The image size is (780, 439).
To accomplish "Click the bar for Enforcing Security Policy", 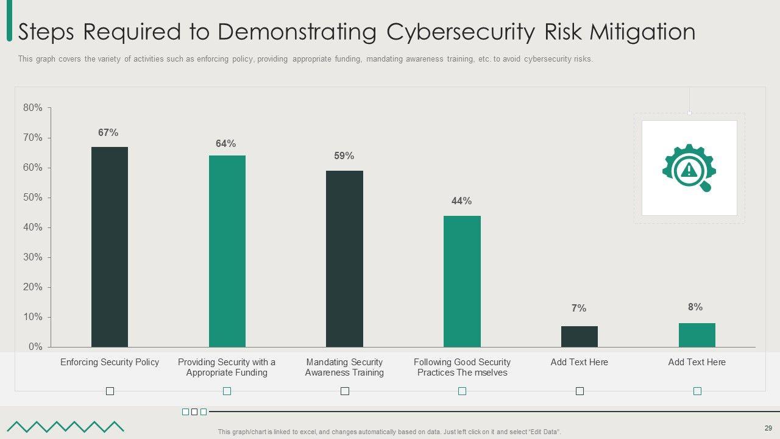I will pos(110,247).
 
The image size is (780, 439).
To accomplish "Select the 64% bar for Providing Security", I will pos(227,251).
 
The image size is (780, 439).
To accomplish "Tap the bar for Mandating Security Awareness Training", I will pos(344,259).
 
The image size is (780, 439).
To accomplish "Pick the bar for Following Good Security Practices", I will pos(462,281).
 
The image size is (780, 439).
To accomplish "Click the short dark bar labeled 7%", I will pos(579,337).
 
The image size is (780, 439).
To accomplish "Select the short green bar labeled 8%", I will pos(697,335).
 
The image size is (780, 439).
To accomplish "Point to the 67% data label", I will pos(108,133).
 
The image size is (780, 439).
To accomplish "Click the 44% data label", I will pos(462,201).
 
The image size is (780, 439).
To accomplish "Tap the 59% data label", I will pos(344,156).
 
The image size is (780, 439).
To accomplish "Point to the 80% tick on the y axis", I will pos(33,108).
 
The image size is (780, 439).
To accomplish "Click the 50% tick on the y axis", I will pos(33,198).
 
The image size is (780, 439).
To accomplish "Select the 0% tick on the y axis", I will pos(35,347).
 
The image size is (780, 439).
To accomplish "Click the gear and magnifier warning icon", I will pos(689,168).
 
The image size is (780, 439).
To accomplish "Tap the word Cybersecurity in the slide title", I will pos(459,32).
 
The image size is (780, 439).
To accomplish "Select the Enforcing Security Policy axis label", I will pos(110,362).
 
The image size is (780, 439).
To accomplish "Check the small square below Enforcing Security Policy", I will pos(110,391).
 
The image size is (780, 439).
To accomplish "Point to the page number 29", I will pos(768,428).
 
